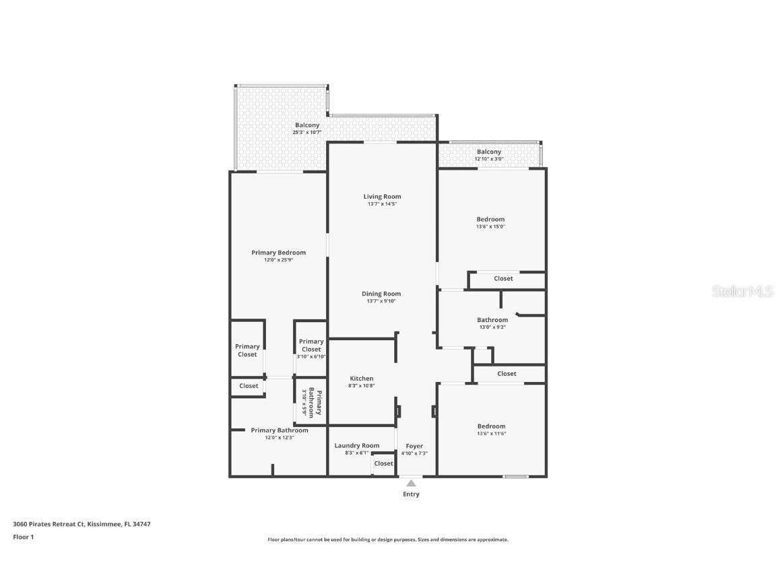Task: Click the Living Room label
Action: tap(382, 197)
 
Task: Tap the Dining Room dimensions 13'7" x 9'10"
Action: tap(381, 301)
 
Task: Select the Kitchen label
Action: tap(361, 379)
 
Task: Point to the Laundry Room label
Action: tap(357, 445)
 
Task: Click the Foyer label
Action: tap(414, 446)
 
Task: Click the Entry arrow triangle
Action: tap(411, 482)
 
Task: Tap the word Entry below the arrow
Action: tap(411, 494)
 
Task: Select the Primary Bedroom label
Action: tap(278, 253)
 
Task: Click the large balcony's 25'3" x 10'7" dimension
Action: tap(307, 133)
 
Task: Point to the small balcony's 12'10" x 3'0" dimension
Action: tap(489, 159)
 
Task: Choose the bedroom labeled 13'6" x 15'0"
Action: tap(490, 222)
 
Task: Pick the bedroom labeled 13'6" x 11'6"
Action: tap(491, 429)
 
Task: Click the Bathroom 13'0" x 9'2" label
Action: tap(492, 323)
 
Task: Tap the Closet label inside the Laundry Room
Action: tap(383, 463)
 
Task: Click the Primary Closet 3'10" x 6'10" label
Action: tap(311, 348)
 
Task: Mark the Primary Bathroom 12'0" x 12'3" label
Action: tap(280, 434)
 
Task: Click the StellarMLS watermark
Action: tap(742, 292)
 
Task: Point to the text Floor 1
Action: tap(23, 537)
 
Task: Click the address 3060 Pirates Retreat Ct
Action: tap(48, 523)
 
